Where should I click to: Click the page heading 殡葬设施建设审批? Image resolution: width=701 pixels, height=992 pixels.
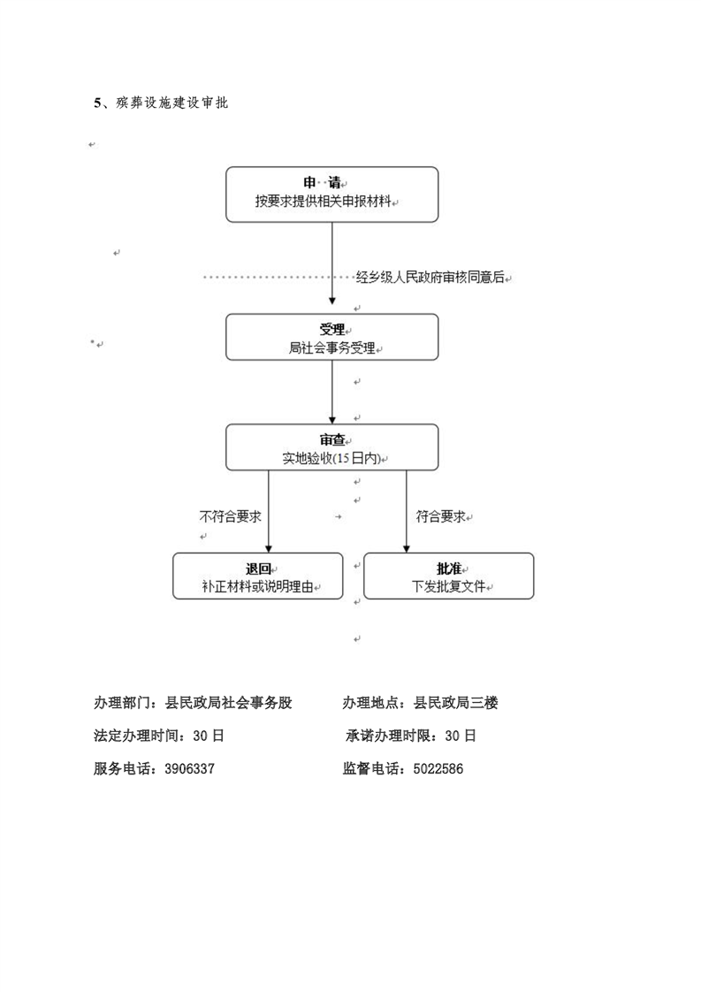pos(171,103)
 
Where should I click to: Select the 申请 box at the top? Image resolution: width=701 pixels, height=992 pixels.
pos(332,195)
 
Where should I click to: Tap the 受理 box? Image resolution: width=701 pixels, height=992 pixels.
pos(332,337)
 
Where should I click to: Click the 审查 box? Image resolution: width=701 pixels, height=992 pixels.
pos(332,447)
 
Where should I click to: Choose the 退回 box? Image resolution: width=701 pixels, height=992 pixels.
pos(258,576)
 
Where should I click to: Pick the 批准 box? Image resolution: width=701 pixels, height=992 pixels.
pos(448,576)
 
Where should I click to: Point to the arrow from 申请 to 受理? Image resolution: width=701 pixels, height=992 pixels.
pos(332,263)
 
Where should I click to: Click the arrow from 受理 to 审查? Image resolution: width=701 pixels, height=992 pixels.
pos(332,393)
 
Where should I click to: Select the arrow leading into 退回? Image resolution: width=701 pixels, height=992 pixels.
pos(268,512)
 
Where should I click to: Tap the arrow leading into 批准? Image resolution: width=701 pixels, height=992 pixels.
pos(406,512)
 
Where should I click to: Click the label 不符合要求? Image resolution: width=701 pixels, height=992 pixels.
pos(231,517)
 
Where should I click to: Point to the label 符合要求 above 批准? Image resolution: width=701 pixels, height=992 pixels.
pos(440,517)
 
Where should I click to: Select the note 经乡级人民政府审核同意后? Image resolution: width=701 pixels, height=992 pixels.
pos(431,277)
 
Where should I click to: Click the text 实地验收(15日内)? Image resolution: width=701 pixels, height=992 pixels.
pos(331,459)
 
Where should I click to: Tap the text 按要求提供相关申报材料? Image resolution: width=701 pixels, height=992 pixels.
pos(324,202)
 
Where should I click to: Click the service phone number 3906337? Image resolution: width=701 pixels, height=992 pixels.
pos(189,768)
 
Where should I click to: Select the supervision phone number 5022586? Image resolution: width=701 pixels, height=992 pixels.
pos(438,768)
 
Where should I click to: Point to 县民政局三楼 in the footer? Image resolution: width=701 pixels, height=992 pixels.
pos(455,702)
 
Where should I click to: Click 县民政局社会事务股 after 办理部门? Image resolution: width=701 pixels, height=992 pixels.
pos(228,702)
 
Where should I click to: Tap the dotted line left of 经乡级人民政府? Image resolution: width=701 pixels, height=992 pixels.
pos(279,277)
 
